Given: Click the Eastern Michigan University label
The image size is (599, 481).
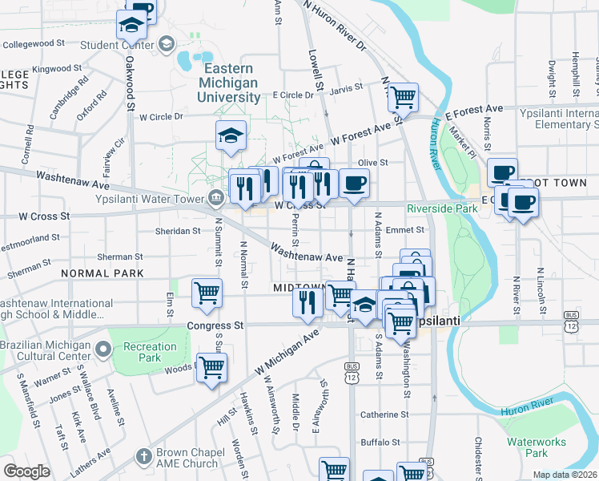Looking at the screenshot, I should pyautogui.click(x=230, y=83).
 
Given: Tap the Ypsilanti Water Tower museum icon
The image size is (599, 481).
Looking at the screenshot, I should pyautogui.click(x=216, y=198).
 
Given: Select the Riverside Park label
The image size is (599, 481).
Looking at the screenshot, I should pyautogui.click(x=441, y=208).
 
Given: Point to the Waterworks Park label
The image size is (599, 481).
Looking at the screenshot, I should pyautogui.click(x=537, y=447).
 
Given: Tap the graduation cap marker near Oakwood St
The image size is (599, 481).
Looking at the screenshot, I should pyautogui.click(x=131, y=26).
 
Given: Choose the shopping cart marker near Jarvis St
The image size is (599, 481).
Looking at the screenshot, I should pyautogui.click(x=404, y=97).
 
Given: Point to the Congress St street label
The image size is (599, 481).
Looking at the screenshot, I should pyautogui.click(x=215, y=326).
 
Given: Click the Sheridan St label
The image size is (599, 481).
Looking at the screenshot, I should pyautogui.click(x=177, y=231).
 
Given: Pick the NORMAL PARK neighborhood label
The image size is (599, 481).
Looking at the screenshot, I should pyautogui.click(x=101, y=273).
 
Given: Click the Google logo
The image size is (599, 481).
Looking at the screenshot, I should pyautogui.click(x=26, y=471).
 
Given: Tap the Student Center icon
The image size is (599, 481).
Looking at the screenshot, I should pyautogui.click(x=167, y=43).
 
